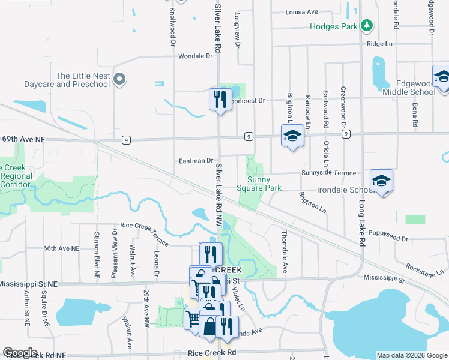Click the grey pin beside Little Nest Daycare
point(119,79)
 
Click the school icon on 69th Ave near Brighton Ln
point(292,136)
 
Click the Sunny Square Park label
point(265,184)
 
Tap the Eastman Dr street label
point(196,161)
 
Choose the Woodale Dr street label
point(196,56)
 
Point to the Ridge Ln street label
point(379,44)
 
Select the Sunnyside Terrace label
point(328,172)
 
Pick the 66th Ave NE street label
point(61,248)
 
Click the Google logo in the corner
point(20,352)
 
